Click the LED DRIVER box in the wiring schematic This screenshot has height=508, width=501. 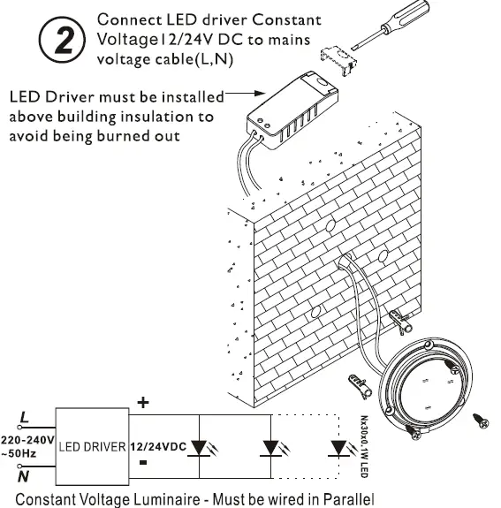click(93, 445)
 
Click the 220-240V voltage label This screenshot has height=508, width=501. click(27, 438)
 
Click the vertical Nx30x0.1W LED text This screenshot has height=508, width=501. click(364, 447)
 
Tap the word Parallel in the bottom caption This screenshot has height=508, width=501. click(345, 498)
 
